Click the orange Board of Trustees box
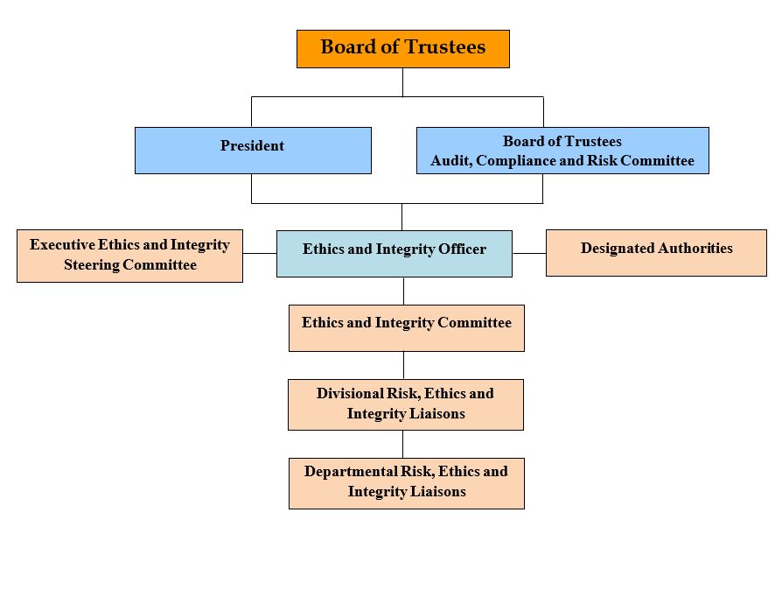tap(402, 49)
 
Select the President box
tap(253, 151)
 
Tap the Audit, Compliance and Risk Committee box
tap(562, 151)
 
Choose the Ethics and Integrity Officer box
tap(394, 254)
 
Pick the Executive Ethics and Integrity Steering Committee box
tap(129, 256)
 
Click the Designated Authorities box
tap(656, 253)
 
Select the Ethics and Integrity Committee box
tap(407, 328)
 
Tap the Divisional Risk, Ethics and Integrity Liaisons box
tap(406, 404)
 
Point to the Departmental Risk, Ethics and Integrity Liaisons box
tap(407, 483)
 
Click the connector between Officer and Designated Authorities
tap(529, 253)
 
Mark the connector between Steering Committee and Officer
tap(260, 253)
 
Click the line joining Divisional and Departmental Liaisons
tap(403, 444)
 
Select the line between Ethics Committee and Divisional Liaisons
tap(403, 365)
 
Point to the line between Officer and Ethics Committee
tap(403, 291)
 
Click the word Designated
tap(613, 248)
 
